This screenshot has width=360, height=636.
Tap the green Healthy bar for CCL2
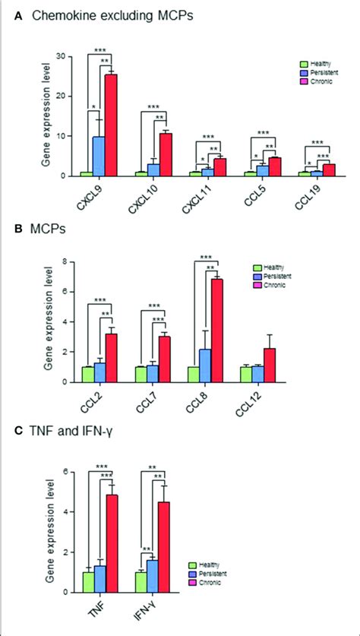pyautogui.click(x=88, y=374)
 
